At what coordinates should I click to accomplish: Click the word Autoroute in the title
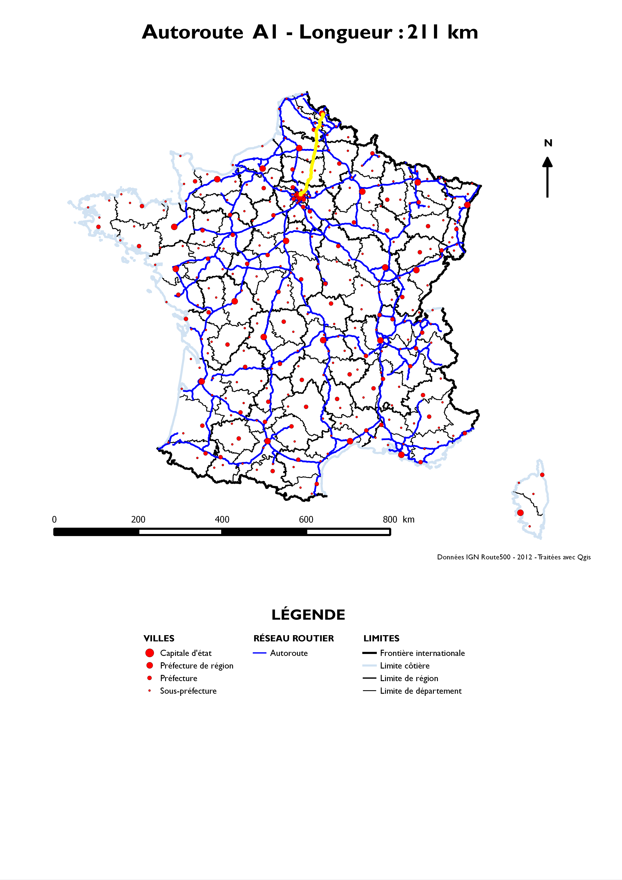click(x=192, y=32)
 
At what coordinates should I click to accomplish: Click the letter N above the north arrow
click(x=548, y=143)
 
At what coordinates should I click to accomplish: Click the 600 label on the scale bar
click(x=306, y=519)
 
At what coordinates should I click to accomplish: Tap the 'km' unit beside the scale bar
click(x=408, y=519)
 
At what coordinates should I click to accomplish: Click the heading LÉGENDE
click(x=308, y=615)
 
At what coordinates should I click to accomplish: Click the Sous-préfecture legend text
click(x=188, y=691)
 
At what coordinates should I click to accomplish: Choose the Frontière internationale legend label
click(x=422, y=653)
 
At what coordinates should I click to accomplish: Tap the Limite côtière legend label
click(x=405, y=665)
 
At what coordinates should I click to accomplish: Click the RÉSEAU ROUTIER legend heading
click(x=294, y=638)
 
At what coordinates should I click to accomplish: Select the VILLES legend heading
click(x=159, y=638)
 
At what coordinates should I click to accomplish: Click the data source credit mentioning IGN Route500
click(x=513, y=557)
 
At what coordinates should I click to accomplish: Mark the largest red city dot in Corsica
click(x=520, y=512)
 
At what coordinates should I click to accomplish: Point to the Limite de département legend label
click(x=421, y=691)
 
